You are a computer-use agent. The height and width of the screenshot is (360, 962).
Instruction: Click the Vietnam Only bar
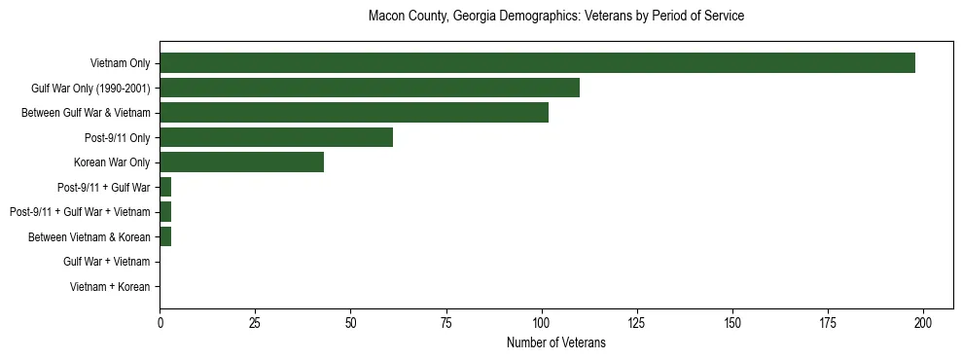point(537,63)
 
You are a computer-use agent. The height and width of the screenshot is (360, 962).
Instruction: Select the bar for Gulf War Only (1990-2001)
point(370,88)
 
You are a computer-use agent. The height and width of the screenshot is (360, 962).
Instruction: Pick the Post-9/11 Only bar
point(276,137)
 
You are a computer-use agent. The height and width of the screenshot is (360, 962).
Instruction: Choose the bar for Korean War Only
point(241,162)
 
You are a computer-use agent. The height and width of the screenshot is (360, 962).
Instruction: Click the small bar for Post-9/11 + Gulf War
point(165,187)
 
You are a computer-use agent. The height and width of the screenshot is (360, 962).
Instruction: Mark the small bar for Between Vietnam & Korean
point(165,236)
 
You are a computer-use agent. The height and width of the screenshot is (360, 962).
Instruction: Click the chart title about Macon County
point(555,17)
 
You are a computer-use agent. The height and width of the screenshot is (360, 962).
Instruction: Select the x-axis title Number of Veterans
point(555,342)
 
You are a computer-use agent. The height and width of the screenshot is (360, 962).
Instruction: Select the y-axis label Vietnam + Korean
point(110,286)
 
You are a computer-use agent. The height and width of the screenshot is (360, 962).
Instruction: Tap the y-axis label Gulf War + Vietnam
point(106,262)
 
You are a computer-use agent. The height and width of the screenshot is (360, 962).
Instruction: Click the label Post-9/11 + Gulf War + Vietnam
point(80,212)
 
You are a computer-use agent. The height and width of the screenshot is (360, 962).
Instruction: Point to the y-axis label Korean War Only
point(112,162)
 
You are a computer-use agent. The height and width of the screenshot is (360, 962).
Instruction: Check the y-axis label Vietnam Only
point(120,63)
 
